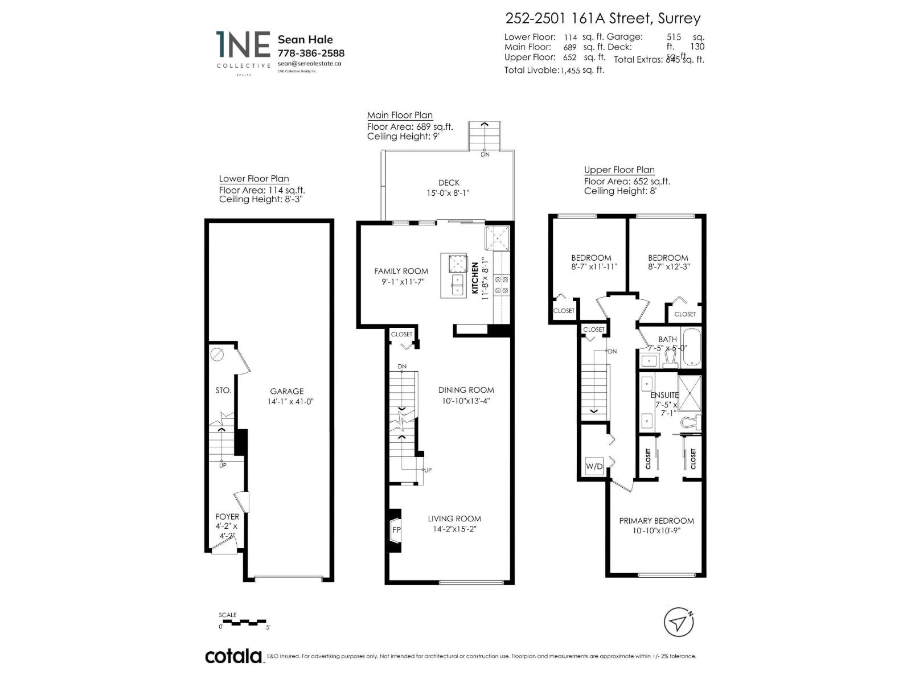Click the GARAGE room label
286,391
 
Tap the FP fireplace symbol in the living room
396,529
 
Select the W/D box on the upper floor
594,466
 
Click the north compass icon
679,622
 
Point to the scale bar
244,622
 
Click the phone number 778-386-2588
310,53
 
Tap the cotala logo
233,656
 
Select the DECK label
449,183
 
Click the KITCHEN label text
475,278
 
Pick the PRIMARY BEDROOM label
656,520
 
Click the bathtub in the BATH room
692,347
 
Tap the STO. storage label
223,390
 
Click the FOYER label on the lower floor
227,517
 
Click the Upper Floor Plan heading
619,170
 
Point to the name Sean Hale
305,39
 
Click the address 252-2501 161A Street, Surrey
603,18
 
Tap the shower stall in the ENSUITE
690,393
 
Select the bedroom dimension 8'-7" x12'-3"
668,266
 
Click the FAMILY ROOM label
401,271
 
